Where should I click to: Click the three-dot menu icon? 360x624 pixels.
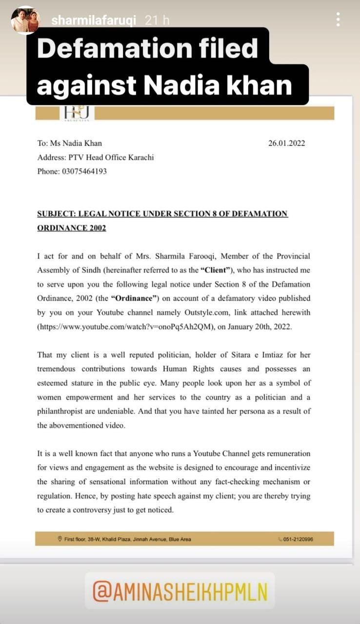pos(338,19)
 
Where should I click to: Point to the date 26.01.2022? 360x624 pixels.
pos(286,143)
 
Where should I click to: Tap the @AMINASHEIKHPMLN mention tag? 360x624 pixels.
pos(180,590)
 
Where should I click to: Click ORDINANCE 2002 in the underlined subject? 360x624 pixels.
pos(71,228)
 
